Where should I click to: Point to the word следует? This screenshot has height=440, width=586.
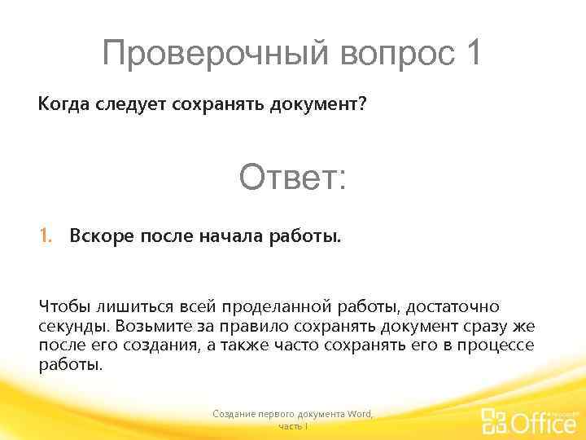125,105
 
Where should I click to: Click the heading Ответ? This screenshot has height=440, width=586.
292,177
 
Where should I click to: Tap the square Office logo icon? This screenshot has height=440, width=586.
495,421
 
